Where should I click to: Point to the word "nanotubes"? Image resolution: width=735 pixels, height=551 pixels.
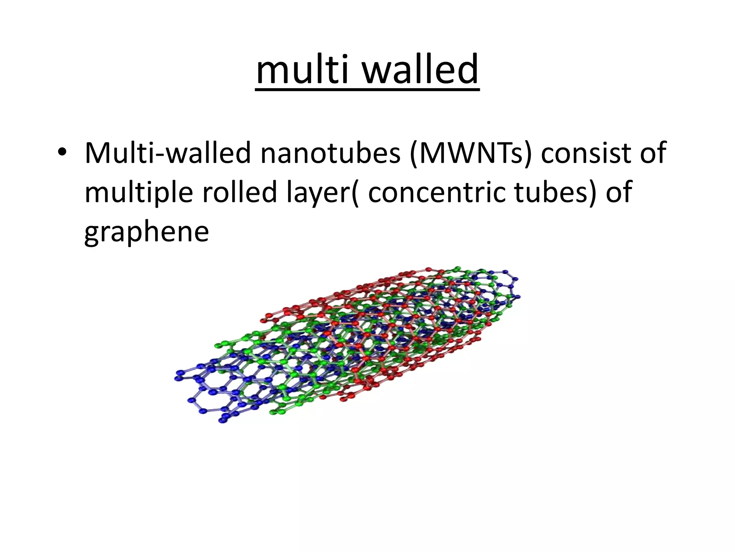click(330, 153)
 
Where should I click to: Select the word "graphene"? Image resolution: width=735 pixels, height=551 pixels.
click(146, 232)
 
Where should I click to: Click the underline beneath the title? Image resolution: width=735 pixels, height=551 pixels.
click(367, 90)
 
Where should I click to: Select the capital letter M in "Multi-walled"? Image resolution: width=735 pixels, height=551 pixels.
click(98, 153)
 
